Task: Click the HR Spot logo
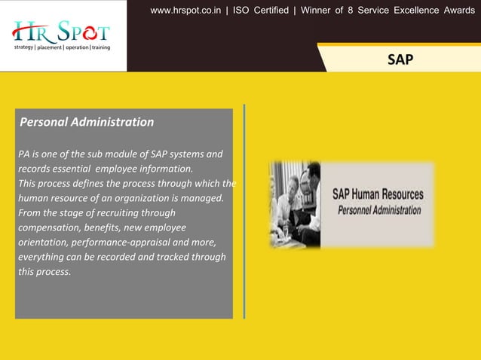point(61,32)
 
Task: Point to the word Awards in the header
point(456,11)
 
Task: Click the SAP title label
point(400,59)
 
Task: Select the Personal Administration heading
point(87,122)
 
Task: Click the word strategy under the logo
point(23,47)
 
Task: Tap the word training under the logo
point(100,47)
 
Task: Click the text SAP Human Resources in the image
point(378,194)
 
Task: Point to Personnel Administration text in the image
point(379,210)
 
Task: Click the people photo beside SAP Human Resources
point(296,204)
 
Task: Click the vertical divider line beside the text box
point(244,211)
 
